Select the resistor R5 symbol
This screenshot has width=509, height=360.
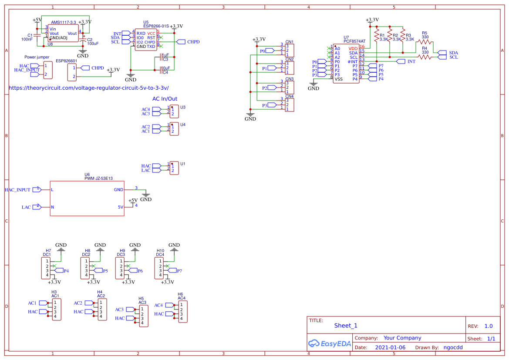point(424,42)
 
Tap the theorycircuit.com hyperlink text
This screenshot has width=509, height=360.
point(88,87)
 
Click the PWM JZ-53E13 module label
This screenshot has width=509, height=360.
point(98,178)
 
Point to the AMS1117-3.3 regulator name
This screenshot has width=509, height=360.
point(64,22)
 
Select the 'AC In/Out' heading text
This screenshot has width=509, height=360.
point(165,99)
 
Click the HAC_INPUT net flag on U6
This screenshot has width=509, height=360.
point(37,189)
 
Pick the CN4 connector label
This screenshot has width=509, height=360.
point(290,96)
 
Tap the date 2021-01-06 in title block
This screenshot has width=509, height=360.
point(390,347)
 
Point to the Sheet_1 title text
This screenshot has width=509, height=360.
point(346,326)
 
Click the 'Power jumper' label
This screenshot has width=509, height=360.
point(37,57)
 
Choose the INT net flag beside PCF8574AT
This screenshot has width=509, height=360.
point(401,61)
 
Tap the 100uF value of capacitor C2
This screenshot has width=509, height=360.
point(93,44)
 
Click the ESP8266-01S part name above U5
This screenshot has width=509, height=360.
point(156,26)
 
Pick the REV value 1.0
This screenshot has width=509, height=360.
point(489,326)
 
